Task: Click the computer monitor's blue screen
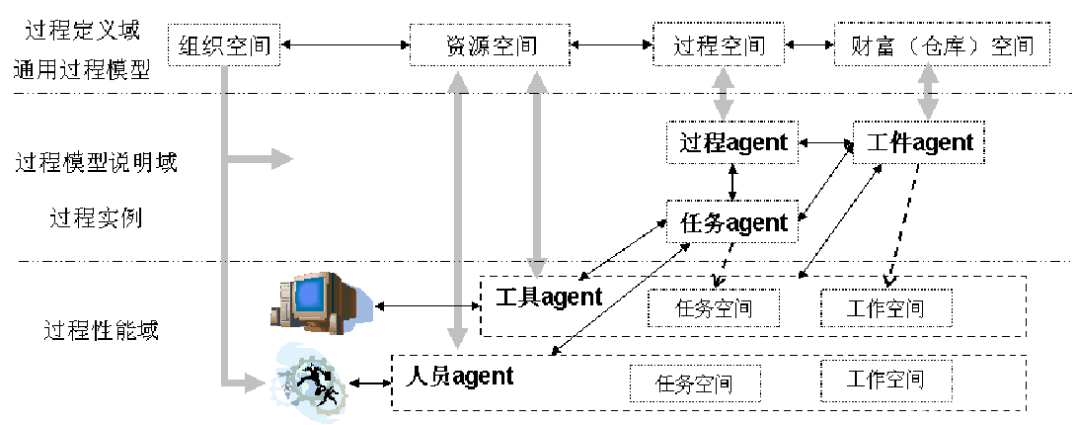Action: (x=310, y=295)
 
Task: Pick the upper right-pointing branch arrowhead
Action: (x=283, y=159)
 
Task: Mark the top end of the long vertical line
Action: (x=225, y=68)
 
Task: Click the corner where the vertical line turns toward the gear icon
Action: (x=225, y=382)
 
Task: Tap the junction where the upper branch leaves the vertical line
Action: (x=225, y=159)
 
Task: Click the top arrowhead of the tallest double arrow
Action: (x=457, y=82)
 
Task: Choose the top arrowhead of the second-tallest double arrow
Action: (x=537, y=82)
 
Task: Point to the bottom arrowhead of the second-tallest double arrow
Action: (x=537, y=268)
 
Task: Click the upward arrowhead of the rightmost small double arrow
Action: (x=928, y=72)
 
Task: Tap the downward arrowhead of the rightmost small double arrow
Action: (x=928, y=110)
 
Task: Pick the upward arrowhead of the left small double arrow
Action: (x=724, y=77)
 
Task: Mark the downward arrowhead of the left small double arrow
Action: (x=724, y=110)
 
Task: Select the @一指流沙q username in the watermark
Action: (x=1011, y=405)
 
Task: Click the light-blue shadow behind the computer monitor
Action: (x=362, y=306)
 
